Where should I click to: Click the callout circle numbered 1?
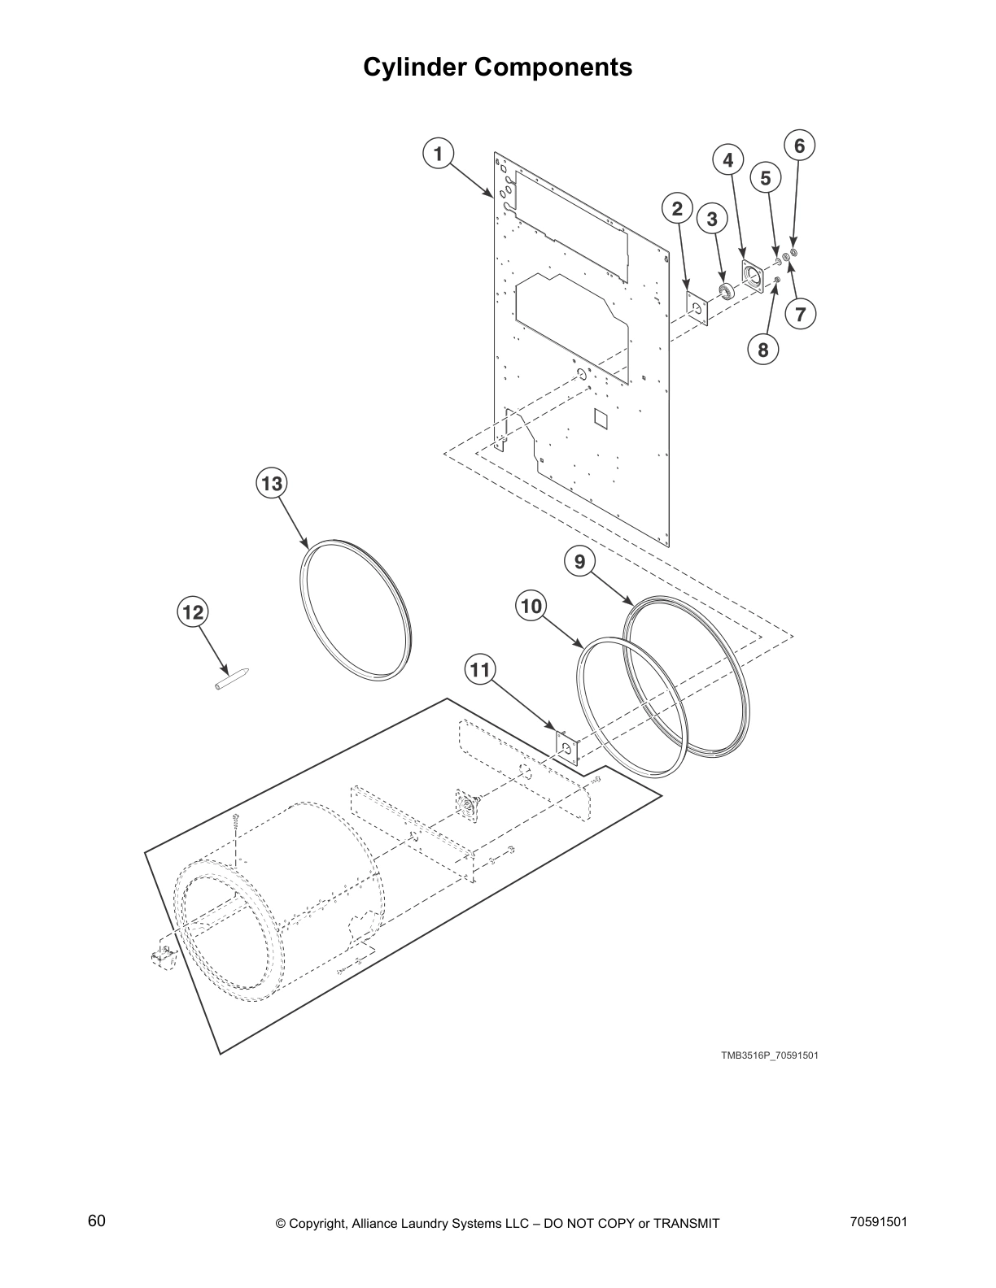pos(438,154)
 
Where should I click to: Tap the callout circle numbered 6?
pos(799,146)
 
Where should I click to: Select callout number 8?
pos(762,350)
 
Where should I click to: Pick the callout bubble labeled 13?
pos(271,484)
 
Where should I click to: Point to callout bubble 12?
pos(193,611)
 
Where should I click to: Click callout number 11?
pos(480,669)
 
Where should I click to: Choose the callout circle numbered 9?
pos(579,561)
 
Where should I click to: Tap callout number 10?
pos(531,606)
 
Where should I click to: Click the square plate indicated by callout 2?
pos(697,308)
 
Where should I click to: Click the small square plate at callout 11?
pos(566,746)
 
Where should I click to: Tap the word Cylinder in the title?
pos(414,67)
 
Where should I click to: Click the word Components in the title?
pos(553,67)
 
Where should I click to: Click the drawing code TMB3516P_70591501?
pos(769,1055)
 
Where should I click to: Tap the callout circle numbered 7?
pos(799,313)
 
